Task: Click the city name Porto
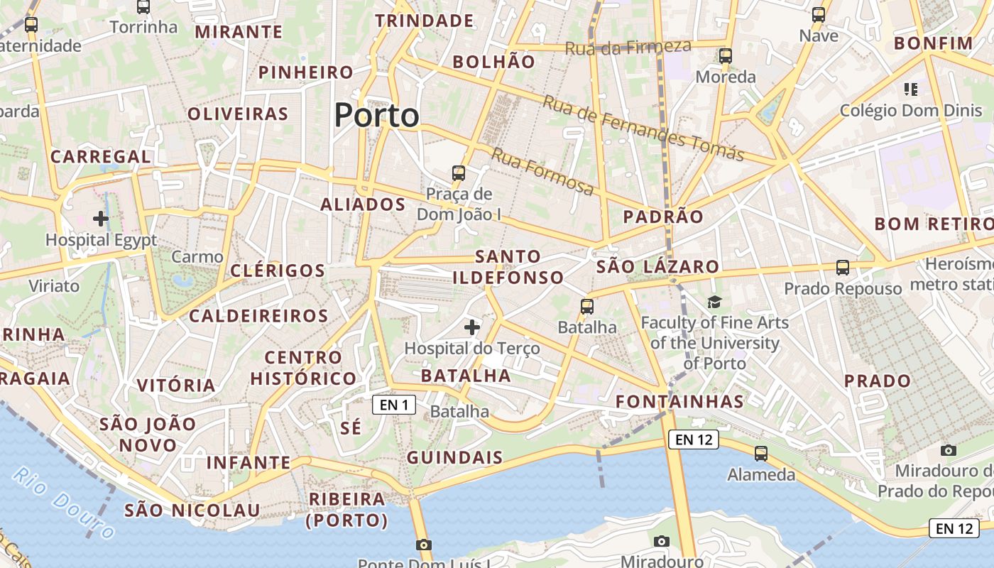(376, 115)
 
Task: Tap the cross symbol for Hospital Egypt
(101, 218)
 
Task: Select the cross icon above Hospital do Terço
(472, 327)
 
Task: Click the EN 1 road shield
(394, 405)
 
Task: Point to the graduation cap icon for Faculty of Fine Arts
(714, 302)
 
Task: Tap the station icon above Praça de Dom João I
(459, 173)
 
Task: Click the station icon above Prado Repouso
(843, 268)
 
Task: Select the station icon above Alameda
(761, 453)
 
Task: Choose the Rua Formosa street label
(543, 172)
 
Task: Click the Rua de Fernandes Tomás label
(643, 128)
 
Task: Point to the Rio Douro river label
(64, 503)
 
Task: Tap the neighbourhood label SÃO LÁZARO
(658, 267)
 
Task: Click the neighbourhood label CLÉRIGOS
(278, 271)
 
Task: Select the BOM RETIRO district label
(934, 224)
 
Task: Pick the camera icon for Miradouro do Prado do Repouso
(948, 450)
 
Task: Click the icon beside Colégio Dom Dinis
(911, 89)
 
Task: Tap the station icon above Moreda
(725, 55)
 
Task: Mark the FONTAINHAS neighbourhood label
(679, 402)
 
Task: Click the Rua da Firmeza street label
(628, 48)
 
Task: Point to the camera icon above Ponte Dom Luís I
(424, 545)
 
